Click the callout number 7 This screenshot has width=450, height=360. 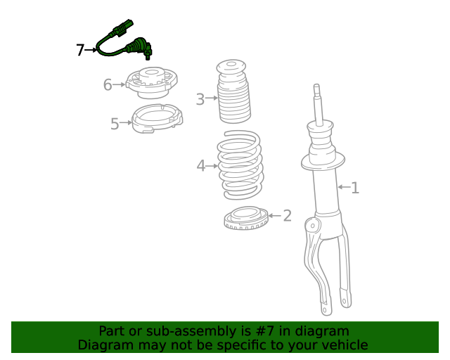coord(80,50)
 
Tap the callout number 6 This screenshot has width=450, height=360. coord(108,85)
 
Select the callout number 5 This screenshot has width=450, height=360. coord(115,124)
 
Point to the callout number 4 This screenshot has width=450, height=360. coord(200,166)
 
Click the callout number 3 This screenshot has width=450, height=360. coord(200,99)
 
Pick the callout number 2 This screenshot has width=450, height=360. coord(287,215)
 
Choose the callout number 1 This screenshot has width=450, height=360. coord(355,188)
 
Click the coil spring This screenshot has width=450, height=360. coord(239,165)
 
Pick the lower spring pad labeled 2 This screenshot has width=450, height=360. coord(246,219)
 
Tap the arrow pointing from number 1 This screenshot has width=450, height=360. coord(344,188)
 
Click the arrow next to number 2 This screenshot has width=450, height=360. coord(274,216)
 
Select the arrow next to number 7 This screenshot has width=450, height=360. coord(91,50)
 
